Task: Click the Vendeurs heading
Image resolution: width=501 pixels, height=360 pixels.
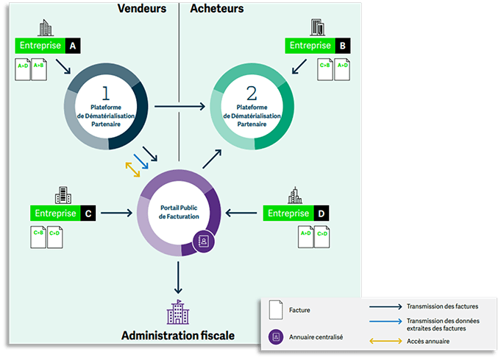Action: (x=141, y=9)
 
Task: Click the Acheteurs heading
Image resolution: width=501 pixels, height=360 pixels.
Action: (x=217, y=9)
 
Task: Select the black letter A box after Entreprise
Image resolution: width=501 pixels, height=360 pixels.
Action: (x=72, y=46)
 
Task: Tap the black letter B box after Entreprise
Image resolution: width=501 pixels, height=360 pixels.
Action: (x=342, y=46)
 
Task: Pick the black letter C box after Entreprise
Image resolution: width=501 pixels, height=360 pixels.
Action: (x=88, y=213)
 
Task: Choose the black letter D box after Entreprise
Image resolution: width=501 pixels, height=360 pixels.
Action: (x=321, y=213)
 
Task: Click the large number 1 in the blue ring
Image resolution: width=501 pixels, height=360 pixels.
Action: (x=105, y=93)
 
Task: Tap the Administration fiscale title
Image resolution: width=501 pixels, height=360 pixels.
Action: (x=178, y=335)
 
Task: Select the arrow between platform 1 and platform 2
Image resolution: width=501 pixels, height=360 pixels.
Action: (x=181, y=107)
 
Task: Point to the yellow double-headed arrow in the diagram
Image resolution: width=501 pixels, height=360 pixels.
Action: (x=133, y=169)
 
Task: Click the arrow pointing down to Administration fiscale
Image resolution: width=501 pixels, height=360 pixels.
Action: (x=178, y=278)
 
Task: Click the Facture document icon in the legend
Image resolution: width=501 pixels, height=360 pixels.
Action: (x=277, y=311)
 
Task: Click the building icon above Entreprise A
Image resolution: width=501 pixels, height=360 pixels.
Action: (x=46, y=28)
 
